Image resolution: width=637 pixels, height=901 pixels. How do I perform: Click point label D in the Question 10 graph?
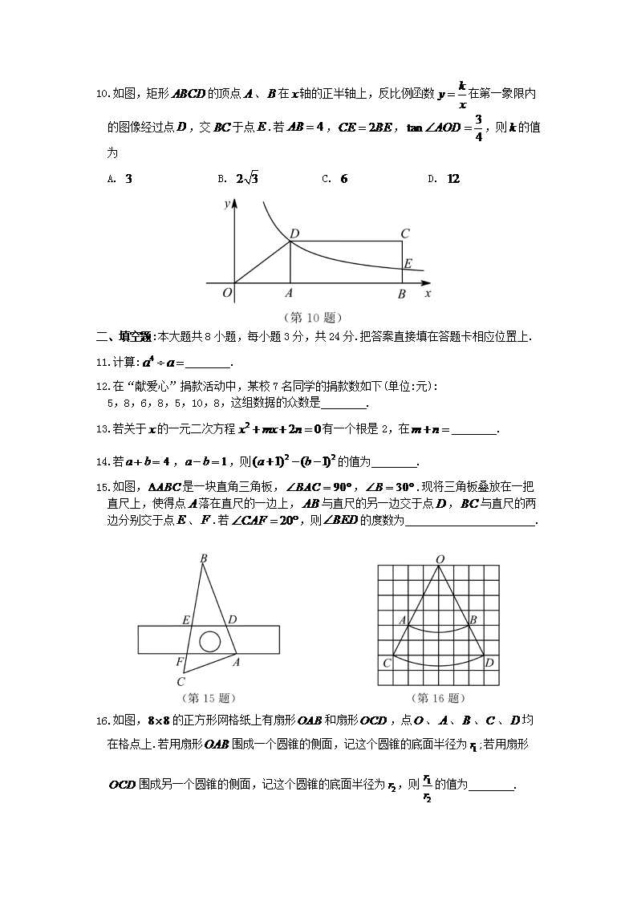coord(294,233)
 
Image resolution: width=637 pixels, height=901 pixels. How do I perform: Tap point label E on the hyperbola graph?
coord(408,263)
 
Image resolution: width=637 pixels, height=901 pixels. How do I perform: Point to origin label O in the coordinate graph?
coord(227,294)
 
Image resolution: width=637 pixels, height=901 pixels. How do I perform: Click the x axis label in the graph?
coord(428,294)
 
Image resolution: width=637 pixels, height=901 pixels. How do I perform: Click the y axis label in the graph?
coord(227,204)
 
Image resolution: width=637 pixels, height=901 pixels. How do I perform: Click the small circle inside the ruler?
coord(210,641)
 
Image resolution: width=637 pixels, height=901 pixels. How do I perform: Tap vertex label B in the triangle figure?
coord(204,558)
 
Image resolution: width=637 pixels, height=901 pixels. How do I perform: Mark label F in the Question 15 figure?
coord(181,661)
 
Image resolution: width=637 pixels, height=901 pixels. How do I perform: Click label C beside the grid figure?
coord(387,663)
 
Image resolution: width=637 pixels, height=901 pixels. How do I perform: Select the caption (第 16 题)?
coord(438,698)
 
